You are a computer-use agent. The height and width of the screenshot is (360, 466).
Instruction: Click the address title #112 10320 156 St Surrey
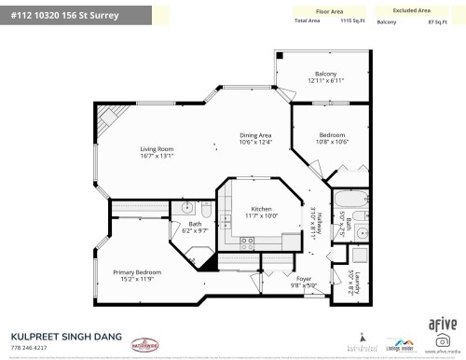(65, 15)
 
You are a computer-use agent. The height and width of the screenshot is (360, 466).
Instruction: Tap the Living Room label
(158, 149)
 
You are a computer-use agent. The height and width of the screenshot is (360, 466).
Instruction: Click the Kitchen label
(261, 209)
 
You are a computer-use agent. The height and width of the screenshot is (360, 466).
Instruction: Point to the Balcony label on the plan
(325, 74)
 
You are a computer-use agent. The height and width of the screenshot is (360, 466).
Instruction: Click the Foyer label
(304, 278)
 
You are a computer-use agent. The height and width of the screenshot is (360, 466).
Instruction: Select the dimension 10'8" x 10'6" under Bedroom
(332, 142)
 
